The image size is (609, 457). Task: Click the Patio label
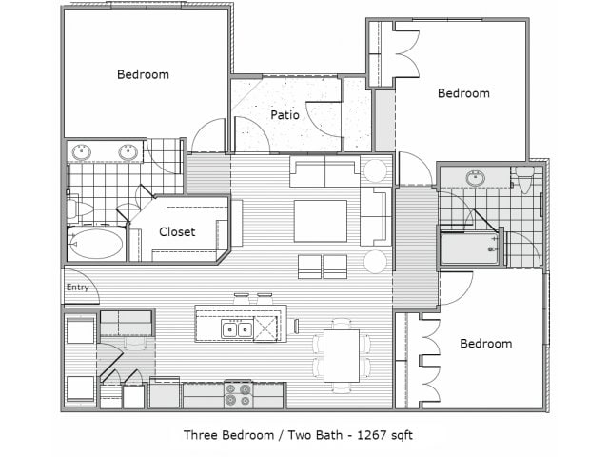click(x=285, y=115)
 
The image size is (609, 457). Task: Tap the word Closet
click(x=177, y=232)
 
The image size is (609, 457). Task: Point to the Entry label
click(x=78, y=288)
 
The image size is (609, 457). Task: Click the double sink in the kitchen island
click(x=237, y=329)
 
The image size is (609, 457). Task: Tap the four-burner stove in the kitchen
click(x=238, y=394)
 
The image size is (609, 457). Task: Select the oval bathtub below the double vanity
click(x=96, y=244)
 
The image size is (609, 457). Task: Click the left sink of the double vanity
click(x=82, y=151)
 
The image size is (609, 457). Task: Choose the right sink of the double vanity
click(x=128, y=151)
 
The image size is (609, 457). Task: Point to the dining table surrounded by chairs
click(x=342, y=355)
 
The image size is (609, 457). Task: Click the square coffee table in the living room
click(x=321, y=221)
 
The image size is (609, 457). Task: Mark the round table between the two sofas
click(x=375, y=170)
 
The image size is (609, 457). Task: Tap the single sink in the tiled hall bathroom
click(x=476, y=178)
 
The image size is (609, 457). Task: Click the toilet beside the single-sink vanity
click(x=524, y=180)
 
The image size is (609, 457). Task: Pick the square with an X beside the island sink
click(x=265, y=328)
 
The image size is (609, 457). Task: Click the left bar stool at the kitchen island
click(x=241, y=298)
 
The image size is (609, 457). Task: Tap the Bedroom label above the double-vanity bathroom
click(x=143, y=74)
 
